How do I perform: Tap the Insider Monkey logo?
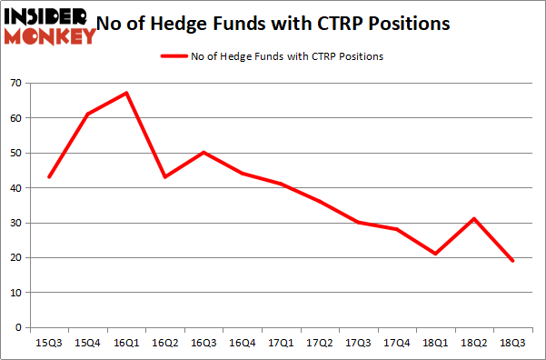click(x=50, y=25)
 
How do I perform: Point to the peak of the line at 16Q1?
click(x=126, y=93)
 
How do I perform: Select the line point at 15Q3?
click(x=49, y=176)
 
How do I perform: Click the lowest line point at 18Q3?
click(x=512, y=261)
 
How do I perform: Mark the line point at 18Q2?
click(x=473, y=218)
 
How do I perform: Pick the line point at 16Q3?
click(x=204, y=152)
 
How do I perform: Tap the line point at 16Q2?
click(x=164, y=176)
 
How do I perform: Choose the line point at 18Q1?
click(x=435, y=254)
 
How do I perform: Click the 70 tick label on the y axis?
click(x=15, y=84)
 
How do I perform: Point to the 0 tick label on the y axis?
click(x=18, y=327)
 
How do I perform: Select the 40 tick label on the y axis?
click(x=15, y=188)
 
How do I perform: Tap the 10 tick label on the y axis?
click(x=15, y=293)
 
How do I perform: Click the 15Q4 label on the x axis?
click(x=87, y=345)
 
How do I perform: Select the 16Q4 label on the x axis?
click(x=242, y=345)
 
